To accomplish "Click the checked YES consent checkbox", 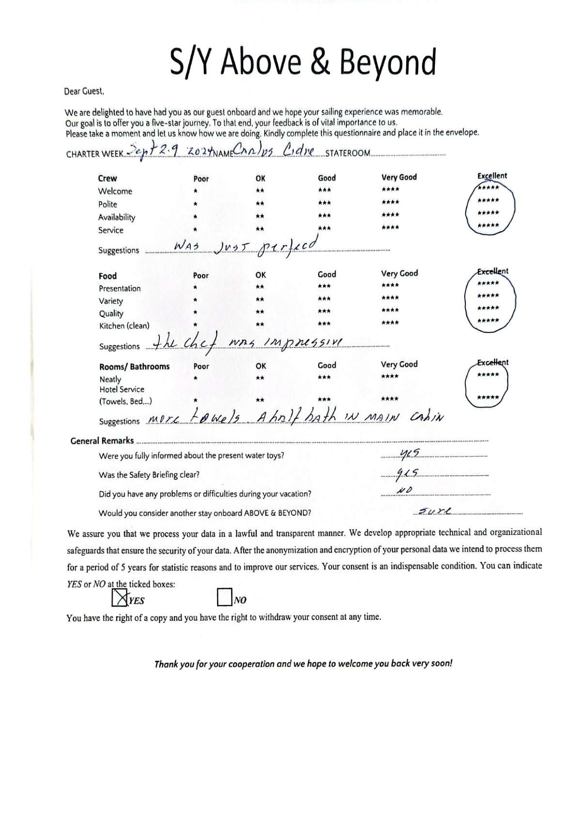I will [x=119, y=597].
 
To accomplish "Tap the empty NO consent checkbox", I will [x=224, y=597].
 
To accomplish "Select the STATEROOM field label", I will [x=348, y=153].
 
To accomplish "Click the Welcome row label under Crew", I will [x=115, y=191].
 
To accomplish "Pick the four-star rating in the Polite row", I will [x=390, y=202].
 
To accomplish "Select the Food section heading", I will [x=107, y=276].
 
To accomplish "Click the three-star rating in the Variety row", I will [x=324, y=299].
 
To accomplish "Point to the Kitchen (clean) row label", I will [x=124, y=326].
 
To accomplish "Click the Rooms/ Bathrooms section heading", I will [x=134, y=366].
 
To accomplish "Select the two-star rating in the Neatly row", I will [x=260, y=378].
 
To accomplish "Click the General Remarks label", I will [x=102, y=441].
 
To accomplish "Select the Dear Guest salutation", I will [x=84, y=91].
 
